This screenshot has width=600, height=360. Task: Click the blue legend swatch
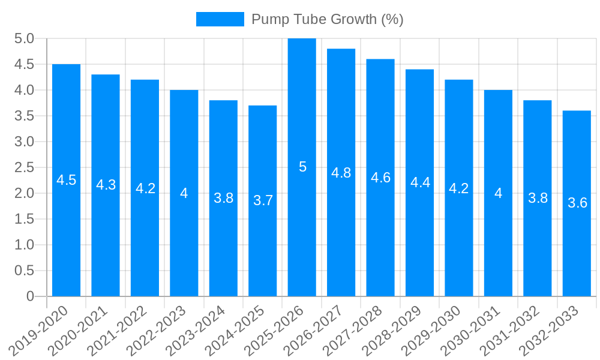click(x=220, y=19)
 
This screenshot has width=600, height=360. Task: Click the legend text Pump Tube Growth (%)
click(x=327, y=19)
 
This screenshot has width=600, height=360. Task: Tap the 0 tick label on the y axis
click(x=31, y=296)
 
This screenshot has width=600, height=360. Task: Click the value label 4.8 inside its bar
click(x=341, y=173)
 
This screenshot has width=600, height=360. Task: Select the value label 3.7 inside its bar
click(x=263, y=201)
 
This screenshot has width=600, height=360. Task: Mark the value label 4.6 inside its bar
click(x=380, y=178)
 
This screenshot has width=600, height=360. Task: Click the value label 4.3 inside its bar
click(x=106, y=185)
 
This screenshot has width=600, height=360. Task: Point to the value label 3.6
click(x=577, y=203)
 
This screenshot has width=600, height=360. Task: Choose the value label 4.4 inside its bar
click(x=420, y=183)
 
